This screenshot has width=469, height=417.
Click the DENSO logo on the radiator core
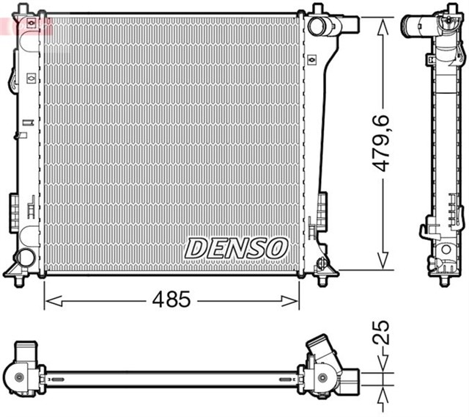click(236, 247)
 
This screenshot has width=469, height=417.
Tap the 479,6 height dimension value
click(383, 147)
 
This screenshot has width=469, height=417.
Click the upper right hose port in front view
click(320, 27)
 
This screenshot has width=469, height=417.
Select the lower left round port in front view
click(26, 258)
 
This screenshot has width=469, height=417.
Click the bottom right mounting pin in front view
click(323, 278)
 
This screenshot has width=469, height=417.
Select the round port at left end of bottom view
click(19, 377)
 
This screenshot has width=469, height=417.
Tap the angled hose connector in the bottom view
click(322, 351)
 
